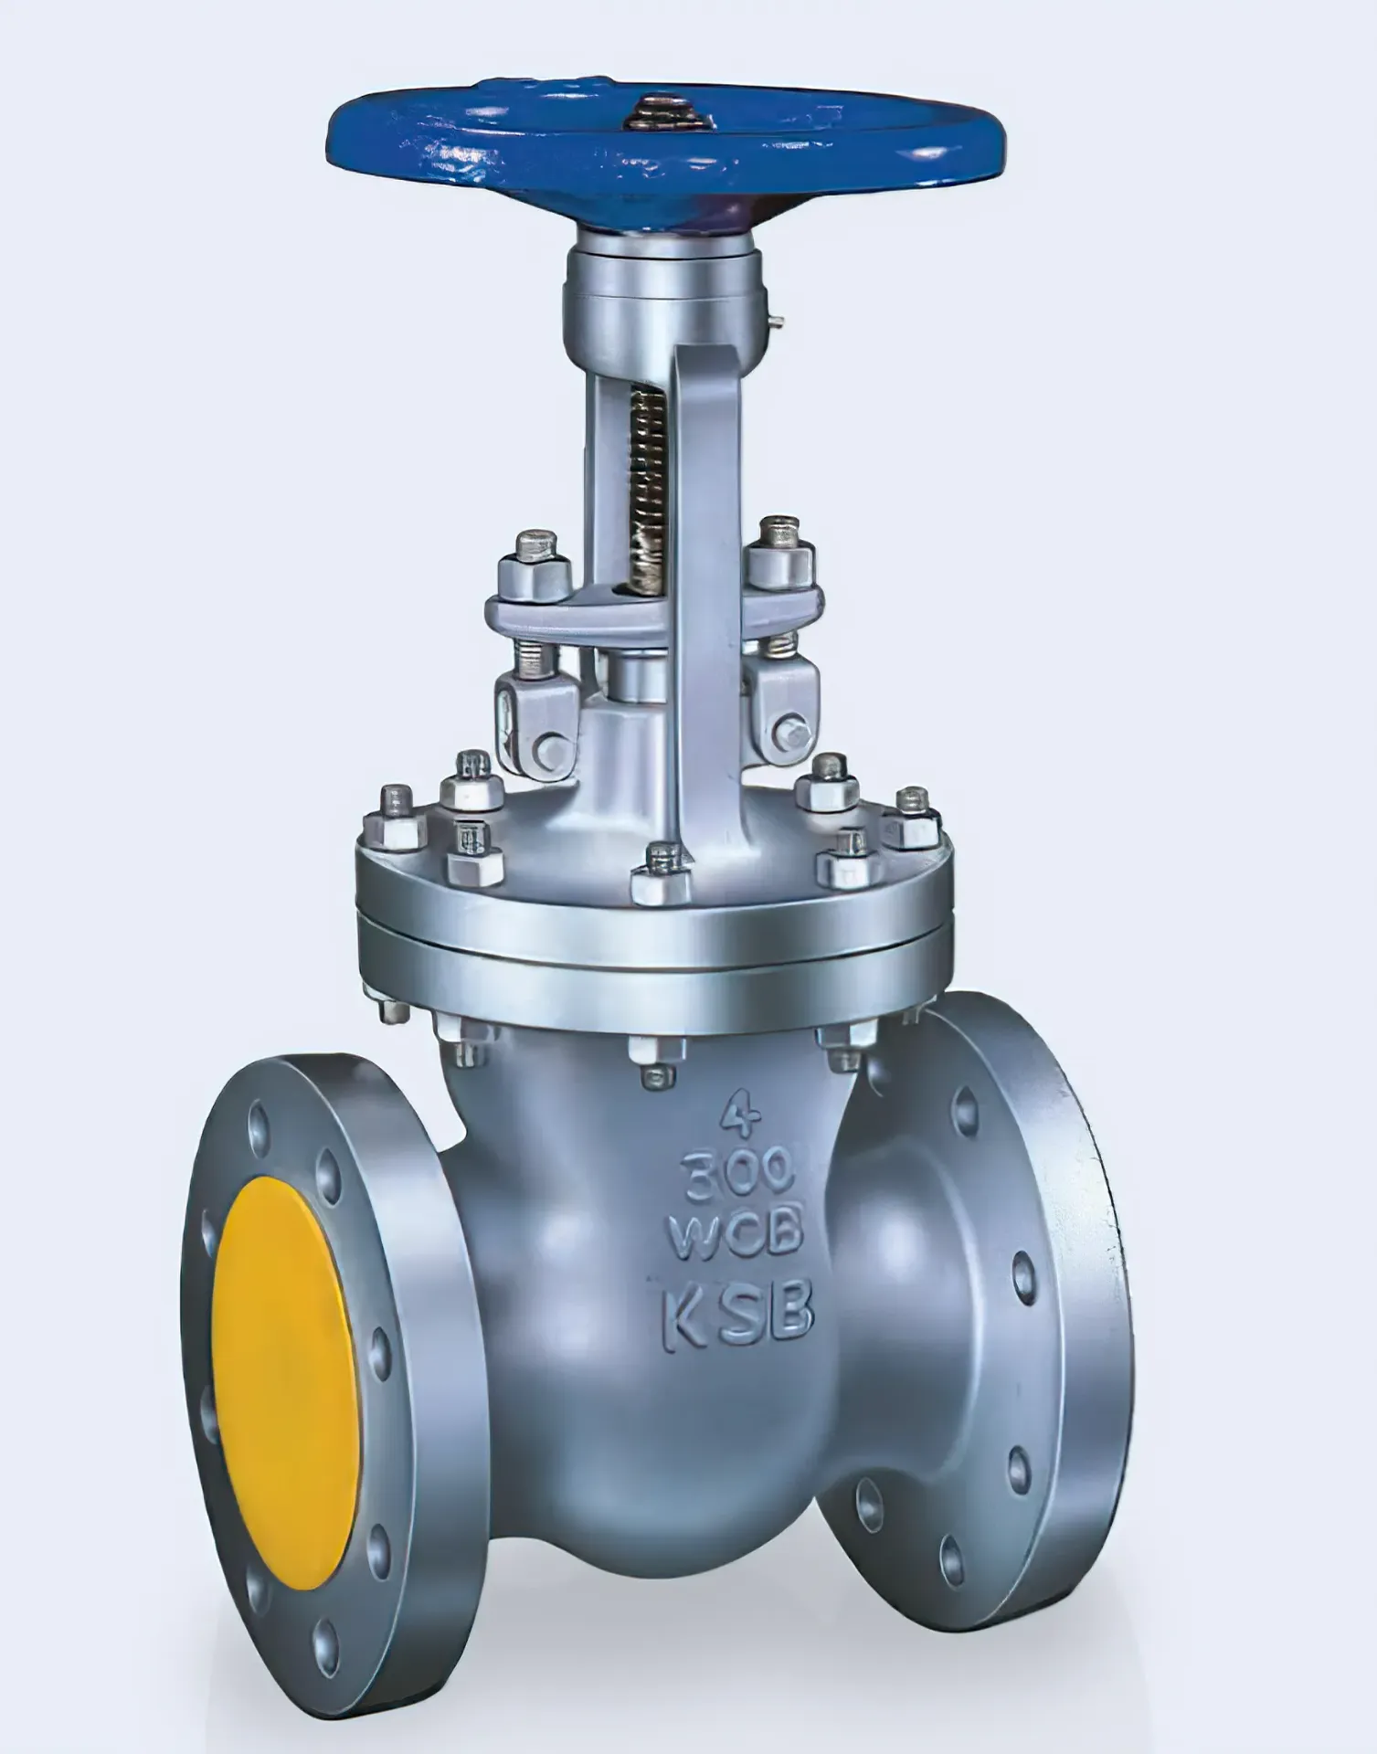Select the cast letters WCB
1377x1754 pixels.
(736, 1231)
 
